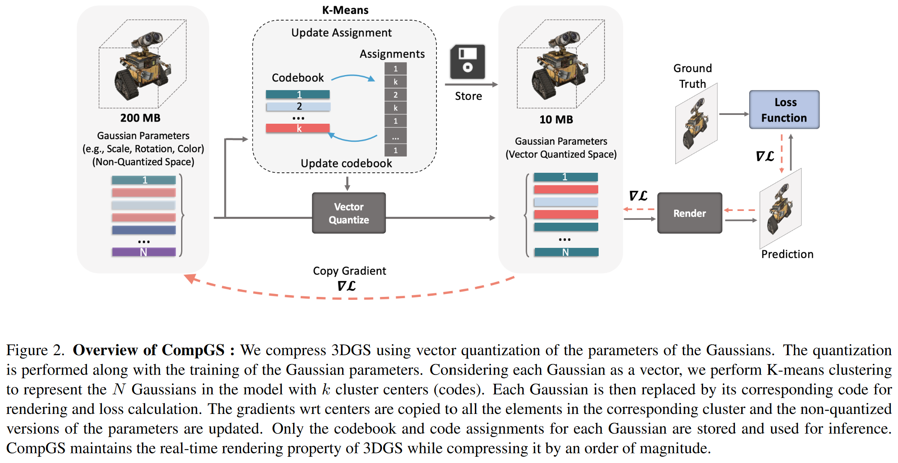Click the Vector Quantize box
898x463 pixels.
click(348, 213)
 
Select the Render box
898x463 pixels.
click(689, 213)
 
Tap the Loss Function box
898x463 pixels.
click(784, 110)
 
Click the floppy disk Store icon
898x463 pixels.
click(467, 62)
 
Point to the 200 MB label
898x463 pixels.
click(140, 118)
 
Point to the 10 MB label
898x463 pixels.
click(556, 120)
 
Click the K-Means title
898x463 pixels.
click(345, 10)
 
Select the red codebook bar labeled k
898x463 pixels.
click(298, 128)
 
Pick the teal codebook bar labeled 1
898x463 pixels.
click(298, 94)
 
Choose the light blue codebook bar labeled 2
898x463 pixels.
click(298, 107)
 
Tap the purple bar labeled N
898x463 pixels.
click(143, 252)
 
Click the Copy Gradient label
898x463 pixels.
click(349, 271)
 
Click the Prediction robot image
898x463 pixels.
click(780, 209)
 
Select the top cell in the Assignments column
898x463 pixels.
click(395, 68)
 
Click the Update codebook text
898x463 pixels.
click(346, 164)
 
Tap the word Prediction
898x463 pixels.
click(787, 254)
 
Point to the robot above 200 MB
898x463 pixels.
click(143, 65)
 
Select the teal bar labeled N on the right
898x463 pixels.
click(566, 252)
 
